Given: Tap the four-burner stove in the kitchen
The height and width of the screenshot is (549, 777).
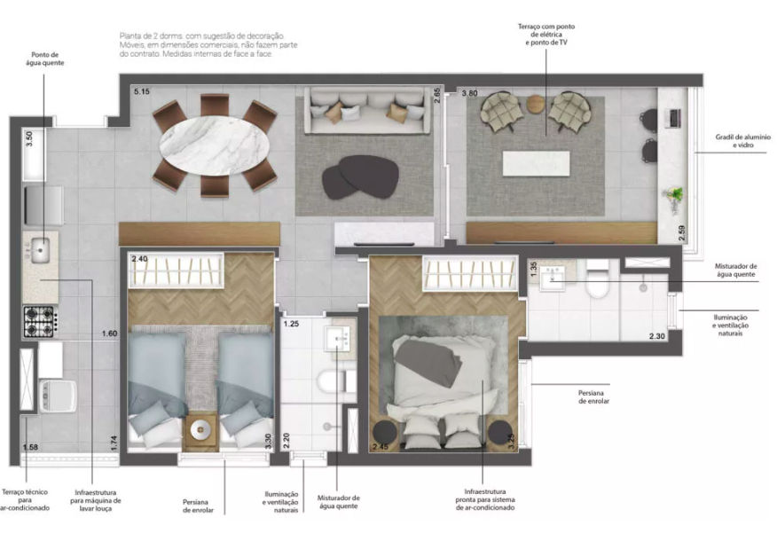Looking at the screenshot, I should point(40,321).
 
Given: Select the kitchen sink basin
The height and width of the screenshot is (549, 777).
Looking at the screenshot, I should point(41,251).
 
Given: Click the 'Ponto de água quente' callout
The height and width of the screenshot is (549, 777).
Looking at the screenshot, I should point(44,58).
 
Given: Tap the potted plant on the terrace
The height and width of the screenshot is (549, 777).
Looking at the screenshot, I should point(677,194).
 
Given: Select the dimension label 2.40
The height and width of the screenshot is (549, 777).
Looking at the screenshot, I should point(139,259).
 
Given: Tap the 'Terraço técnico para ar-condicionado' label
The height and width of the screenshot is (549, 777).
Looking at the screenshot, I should point(23,502).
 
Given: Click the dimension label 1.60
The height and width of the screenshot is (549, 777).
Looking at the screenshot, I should point(109,333).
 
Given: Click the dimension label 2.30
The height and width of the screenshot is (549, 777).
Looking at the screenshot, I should point(656,336).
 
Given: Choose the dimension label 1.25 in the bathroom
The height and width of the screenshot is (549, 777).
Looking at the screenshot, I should point(291,325).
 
